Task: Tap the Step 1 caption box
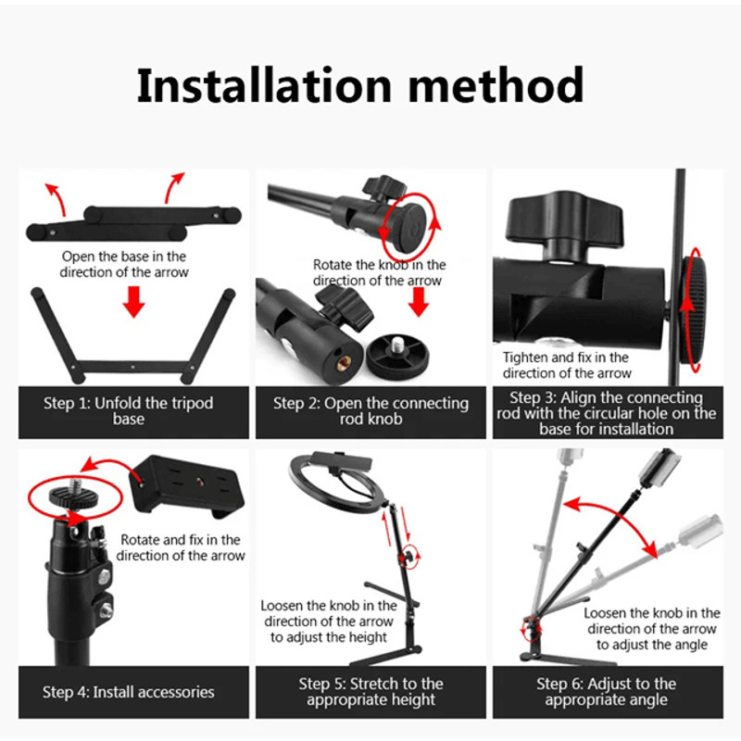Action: click(x=129, y=411)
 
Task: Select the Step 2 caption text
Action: click(x=370, y=411)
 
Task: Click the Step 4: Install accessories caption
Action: click(x=129, y=692)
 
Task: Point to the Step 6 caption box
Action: click(x=607, y=692)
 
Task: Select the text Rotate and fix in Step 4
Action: click(x=181, y=547)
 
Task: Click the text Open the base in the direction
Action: click(x=124, y=264)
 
